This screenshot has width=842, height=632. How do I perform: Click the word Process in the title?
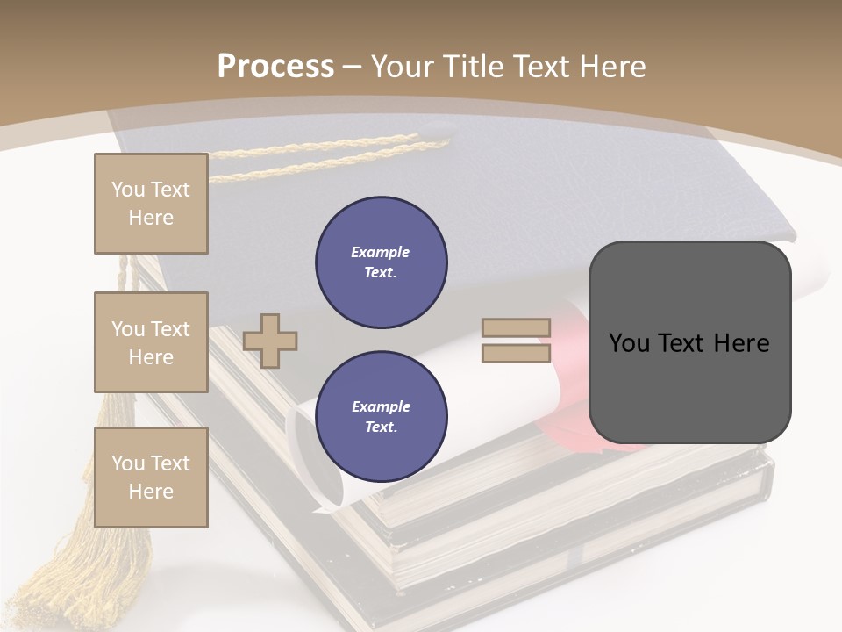[x=275, y=66]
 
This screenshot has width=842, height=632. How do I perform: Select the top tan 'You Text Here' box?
[x=151, y=204]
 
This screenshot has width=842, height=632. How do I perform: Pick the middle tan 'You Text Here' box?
[x=151, y=342]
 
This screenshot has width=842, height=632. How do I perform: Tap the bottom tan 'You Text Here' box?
[x=151, y=477]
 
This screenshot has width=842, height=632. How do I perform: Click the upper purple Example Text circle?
[x=381, y=262]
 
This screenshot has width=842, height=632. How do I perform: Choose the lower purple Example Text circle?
[x=381, y=417]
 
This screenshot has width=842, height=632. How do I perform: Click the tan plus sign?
[x=270, y=341]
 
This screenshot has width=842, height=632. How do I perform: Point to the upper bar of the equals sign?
[x=516, y=328]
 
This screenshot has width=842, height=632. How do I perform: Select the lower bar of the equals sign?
[x=516, y=353]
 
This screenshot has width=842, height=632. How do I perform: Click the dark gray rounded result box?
[x=689, y=342]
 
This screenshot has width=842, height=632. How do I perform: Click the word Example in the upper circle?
[x=381, y=252]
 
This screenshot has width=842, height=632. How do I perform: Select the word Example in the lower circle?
[x=381, y=406]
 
